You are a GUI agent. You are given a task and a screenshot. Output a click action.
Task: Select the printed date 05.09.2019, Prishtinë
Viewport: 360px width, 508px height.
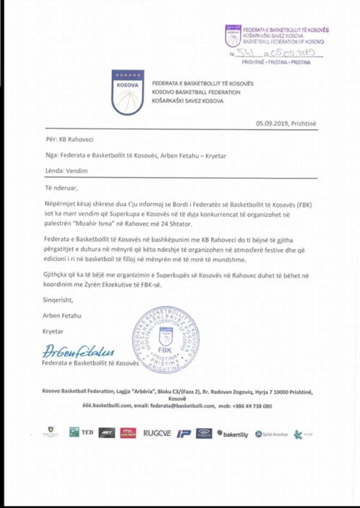tap(286, 124)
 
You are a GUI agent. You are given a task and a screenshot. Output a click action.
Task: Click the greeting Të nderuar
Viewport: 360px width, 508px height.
tap(61, 188)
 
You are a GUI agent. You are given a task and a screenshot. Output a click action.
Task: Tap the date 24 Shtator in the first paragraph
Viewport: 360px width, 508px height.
tap(179, 224)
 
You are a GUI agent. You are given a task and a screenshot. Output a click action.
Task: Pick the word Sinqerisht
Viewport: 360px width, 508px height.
tap(58, 300)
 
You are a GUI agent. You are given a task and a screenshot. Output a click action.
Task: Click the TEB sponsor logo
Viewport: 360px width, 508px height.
tap(82, 432)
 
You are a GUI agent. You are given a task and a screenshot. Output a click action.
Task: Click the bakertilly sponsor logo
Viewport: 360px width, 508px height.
tap(233, 434)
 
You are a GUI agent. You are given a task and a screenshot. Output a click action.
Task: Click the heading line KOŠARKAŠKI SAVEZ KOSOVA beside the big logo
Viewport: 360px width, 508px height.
tap(188, 101)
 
